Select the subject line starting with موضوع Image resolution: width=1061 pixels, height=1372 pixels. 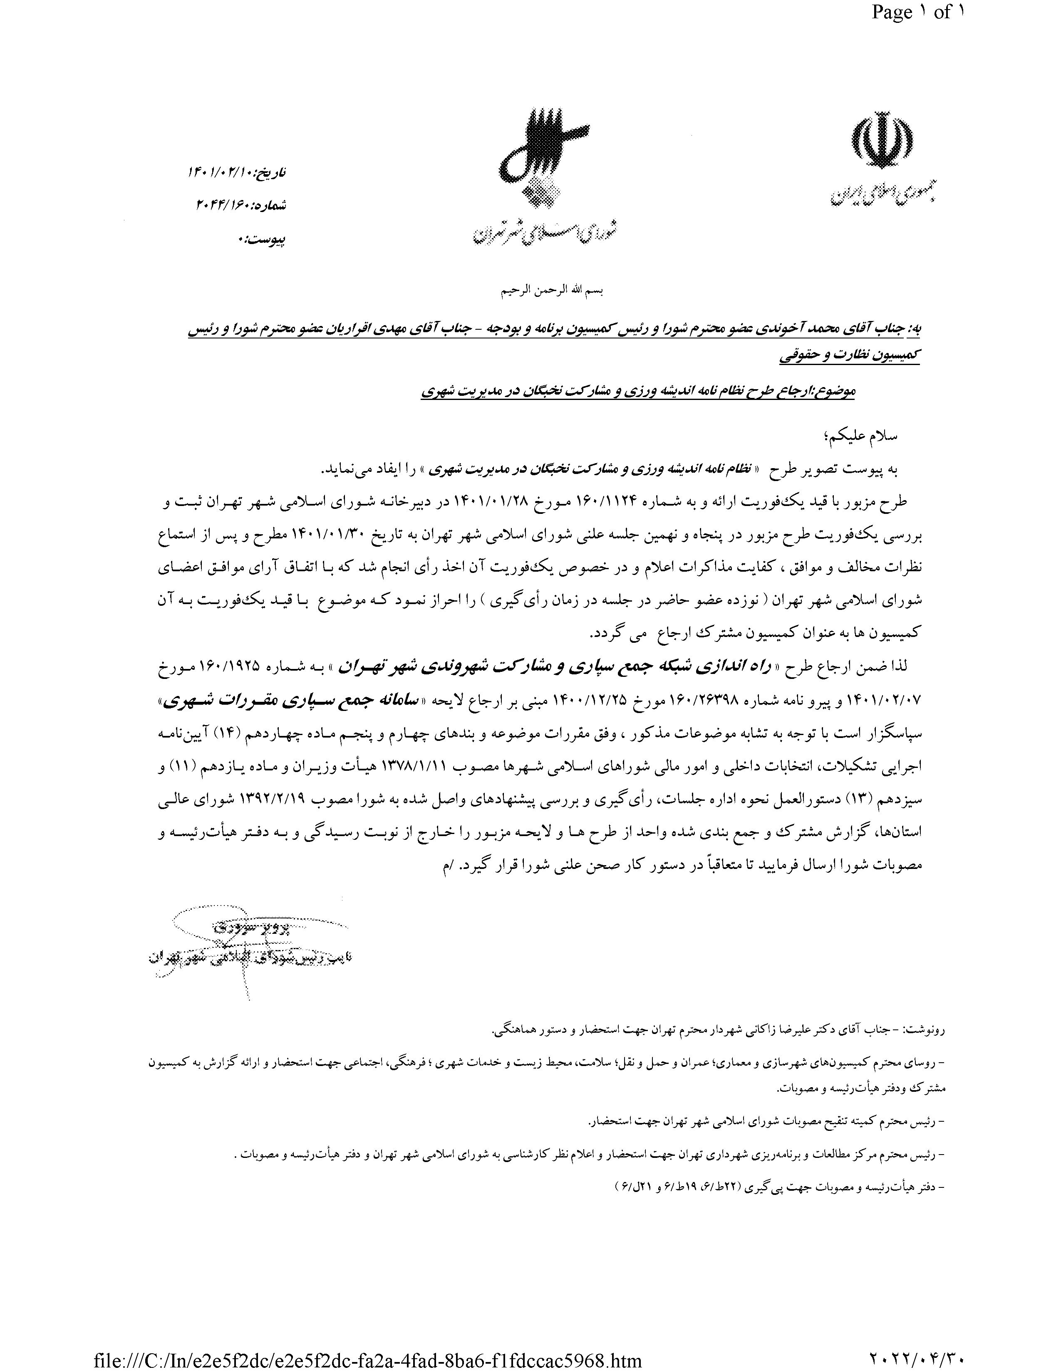(x=638, y=391)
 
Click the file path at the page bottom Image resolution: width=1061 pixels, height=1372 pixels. (x=368, y=1360)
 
